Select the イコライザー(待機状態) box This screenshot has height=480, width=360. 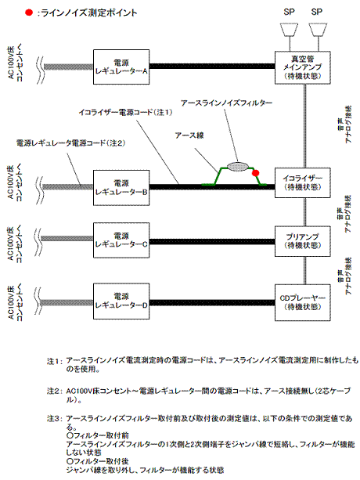(302, 186)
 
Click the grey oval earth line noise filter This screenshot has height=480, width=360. (236, 164)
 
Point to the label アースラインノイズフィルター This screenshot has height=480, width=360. (225, 103)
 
